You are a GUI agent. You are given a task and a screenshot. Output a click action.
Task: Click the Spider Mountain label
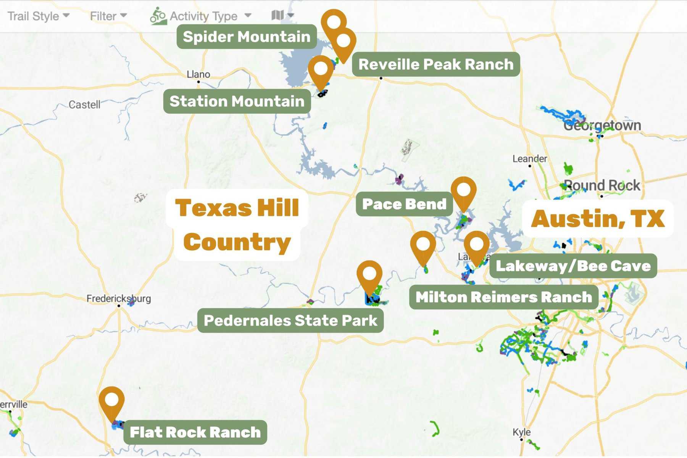tap(247, 37)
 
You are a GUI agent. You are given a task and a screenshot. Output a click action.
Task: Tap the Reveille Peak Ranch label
tap(435, 64)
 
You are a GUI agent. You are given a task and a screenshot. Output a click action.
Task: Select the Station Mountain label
tap(237, 101)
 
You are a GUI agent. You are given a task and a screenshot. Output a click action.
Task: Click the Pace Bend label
tap(404, 204)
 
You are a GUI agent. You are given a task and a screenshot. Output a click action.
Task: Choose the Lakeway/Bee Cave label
tap(573, 266)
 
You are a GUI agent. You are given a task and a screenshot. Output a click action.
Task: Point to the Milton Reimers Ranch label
tap(503, 297)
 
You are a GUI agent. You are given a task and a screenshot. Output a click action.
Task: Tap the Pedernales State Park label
tap(290, 321)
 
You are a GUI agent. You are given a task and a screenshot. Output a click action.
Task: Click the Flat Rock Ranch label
tap(195, 432)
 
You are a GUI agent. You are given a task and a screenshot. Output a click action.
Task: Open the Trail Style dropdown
tap(39, 16)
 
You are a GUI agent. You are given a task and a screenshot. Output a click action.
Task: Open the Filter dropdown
tap(108, 16)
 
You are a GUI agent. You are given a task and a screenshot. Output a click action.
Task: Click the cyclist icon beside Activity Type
tap(158, 16)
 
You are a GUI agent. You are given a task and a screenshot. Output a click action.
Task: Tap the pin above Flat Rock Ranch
tap(111, 401)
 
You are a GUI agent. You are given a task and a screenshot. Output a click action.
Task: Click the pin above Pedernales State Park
tap(369, 275)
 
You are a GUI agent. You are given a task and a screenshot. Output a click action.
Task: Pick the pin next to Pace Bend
tap(463, 191)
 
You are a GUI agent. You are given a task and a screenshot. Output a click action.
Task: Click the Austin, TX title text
tap(598, 218)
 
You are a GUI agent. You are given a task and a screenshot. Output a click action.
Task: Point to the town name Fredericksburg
tap(118, 298)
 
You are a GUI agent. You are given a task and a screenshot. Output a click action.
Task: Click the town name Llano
tap(198, 74)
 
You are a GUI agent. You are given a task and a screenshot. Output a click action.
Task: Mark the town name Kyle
tap(521, 432)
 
